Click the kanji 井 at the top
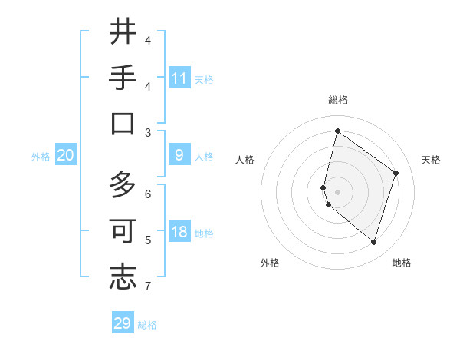[x=123, y=32]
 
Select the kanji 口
[x=123, y=124]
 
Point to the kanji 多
[x=123, y=185]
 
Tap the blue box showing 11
[x=179, y=78]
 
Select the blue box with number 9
[x=179, y=156]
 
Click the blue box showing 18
[x=179, y=233]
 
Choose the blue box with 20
[x=66, y=156]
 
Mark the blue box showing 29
[x=123, y=323]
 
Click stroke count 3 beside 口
[x=148, y=132]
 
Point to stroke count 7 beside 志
[x=148, y=286]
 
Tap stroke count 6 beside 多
[x=148, y=194]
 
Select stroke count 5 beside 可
[x=148, y=240]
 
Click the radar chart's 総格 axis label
[x=337, y=100]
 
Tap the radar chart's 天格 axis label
[x=431, y=160]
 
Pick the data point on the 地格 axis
[x=373, y=242]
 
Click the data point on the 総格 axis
[x=337, y=131]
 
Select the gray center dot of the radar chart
[x=337, y=191]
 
